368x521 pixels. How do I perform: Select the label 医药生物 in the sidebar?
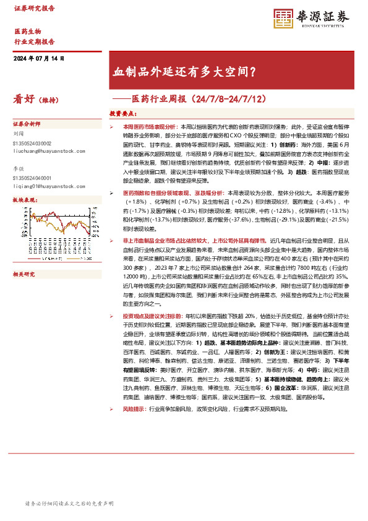pos(28,31)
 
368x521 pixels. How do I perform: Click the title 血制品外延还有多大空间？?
pos(184,72)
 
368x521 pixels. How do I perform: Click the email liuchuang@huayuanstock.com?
pos(45,150)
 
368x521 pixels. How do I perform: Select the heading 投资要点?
pos(122,114)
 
